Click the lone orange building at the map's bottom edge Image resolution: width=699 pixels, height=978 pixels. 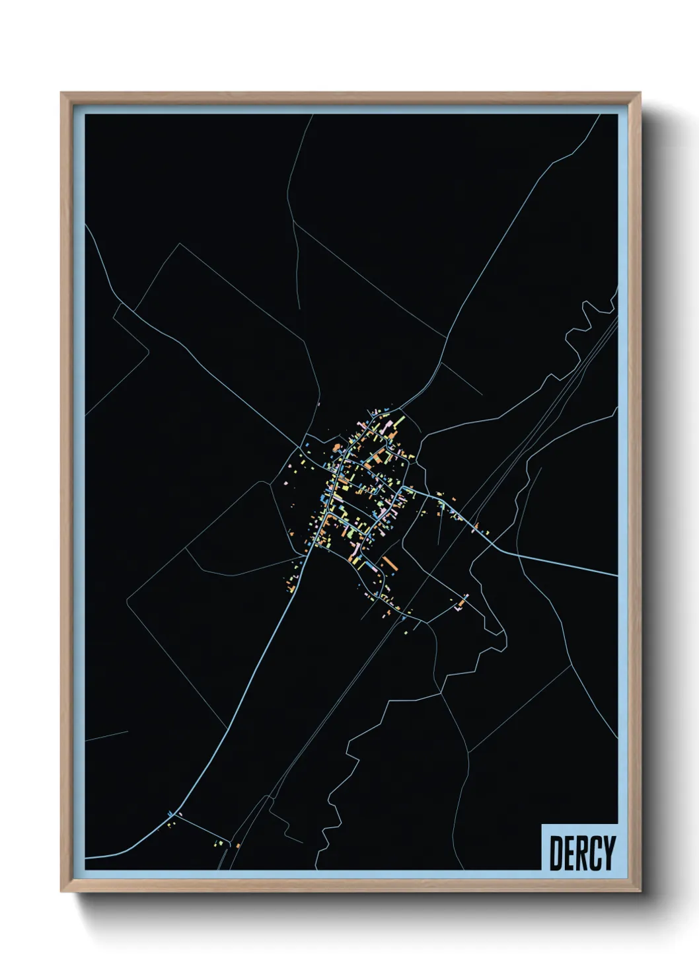[237, 845]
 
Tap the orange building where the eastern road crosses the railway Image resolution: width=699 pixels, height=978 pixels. [475, 526]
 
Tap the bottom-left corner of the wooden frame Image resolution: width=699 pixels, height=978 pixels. [62, 890]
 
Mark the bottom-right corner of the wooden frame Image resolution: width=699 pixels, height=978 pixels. [640, 890]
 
